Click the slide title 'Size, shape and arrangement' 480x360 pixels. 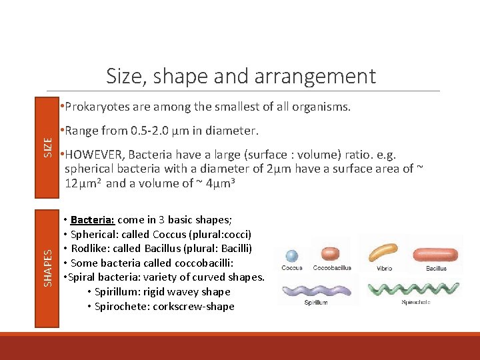point(241,76)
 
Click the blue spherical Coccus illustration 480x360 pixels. point(291,255)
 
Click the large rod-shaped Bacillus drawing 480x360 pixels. point(436,254)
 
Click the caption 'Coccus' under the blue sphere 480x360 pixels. point(291,268)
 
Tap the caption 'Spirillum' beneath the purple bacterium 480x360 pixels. point(317,302)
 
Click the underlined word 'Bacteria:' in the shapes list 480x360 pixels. point(93,220)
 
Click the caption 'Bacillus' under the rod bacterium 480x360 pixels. point(437,268)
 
